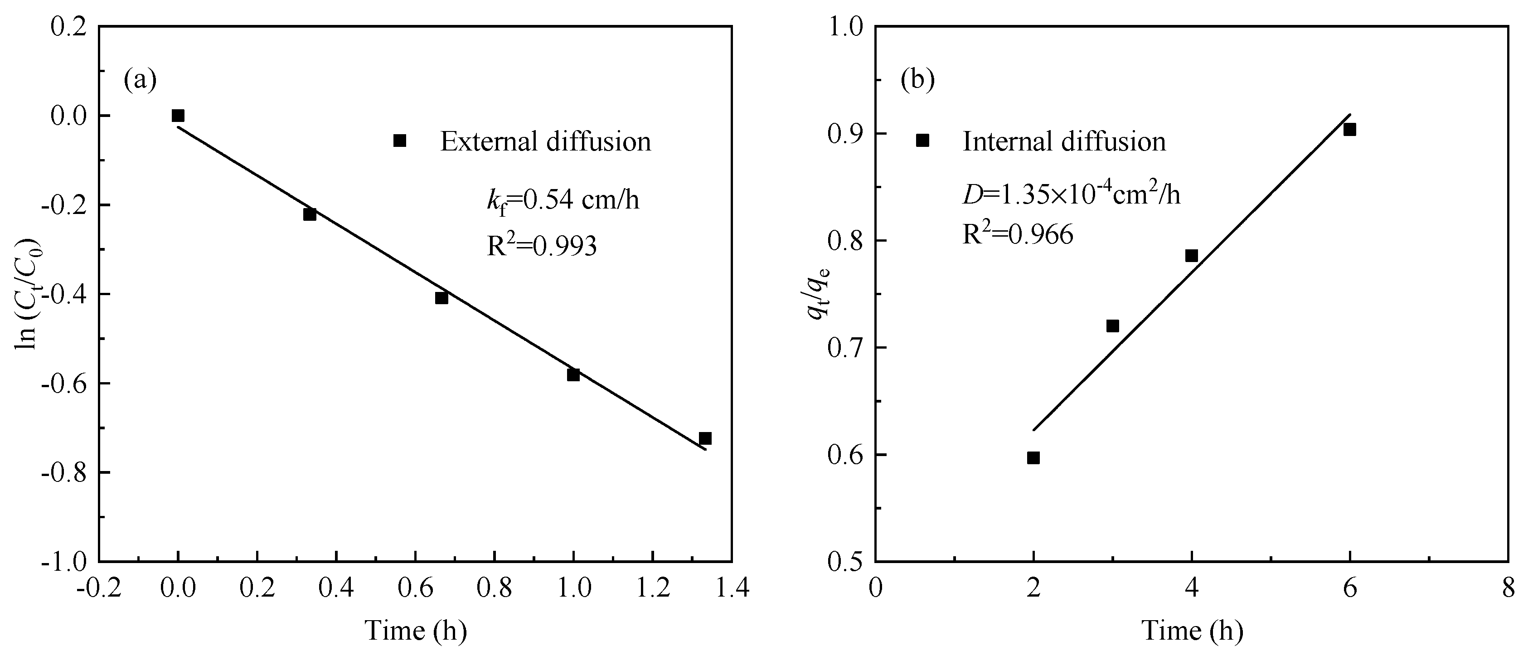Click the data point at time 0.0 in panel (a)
[x=178, y=115]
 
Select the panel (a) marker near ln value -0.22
[x=310, y=214]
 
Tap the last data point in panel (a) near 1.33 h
[x=705, y=438]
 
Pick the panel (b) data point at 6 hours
[x=1349, y=129]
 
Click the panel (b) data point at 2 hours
[x=1033, y=457]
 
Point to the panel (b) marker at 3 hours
[x=1113, y=326]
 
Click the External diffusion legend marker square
[x=400, y=141]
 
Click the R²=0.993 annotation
[x=542, y=246]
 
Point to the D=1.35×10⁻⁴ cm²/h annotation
[x=1071, y=194]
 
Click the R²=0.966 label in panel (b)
[x=1017, y=234]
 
